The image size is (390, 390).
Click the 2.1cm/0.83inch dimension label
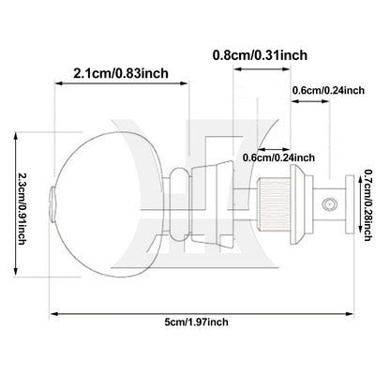(x=121, y=73)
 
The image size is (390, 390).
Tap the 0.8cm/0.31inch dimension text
(x=260, y=55)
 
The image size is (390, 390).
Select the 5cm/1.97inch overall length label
(x=196, y=322)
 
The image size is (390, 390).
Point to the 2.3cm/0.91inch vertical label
(x=22, y=204)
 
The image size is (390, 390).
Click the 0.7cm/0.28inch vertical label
(x=367, y=205)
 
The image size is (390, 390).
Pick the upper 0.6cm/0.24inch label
(x=328, y=90)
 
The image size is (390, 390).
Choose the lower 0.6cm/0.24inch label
(x=278, y=157)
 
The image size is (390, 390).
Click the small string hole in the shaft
(x=329, y=204)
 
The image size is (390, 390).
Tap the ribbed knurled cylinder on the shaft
(x=274, y=203)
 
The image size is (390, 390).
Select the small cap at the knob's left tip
(x=52, y=204)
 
